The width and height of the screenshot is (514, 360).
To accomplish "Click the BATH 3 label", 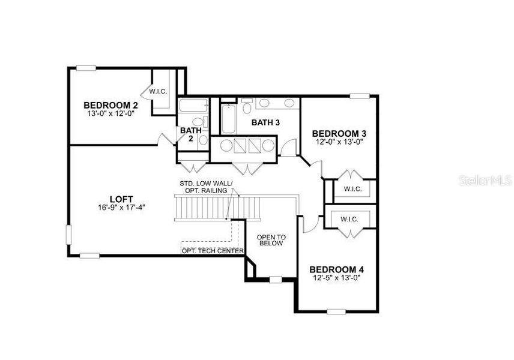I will click(x=266, y=122).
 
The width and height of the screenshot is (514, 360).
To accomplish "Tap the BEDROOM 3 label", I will click(x=339, y=133).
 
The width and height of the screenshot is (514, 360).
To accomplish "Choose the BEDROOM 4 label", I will click(x=336, y=269).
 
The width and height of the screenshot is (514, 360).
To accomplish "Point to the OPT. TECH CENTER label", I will click(x=213, y=250).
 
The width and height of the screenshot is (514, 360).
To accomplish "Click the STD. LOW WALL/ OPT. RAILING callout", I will click(x=204, y=187).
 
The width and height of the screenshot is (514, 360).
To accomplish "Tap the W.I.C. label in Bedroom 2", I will click(x=158, y=91).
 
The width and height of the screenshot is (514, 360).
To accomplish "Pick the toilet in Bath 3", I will click(x=247, y=108).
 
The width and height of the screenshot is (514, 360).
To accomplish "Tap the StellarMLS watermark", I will click(x=485, y=179).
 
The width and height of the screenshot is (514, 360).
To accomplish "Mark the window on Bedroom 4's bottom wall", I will click(x=336, y=311).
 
